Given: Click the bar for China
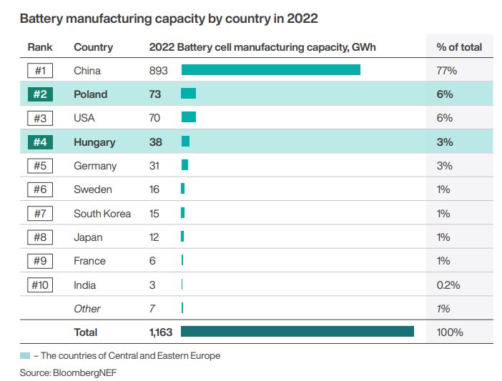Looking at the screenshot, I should [x=270, y=70].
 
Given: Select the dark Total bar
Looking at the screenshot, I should [x=297, y=332].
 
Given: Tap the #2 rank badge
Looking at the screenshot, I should [x=39, y=94].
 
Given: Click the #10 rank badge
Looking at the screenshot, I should [x=39, y=284].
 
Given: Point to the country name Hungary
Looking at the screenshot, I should [x=94, y=142].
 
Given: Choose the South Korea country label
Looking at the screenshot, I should [x=102, y=214].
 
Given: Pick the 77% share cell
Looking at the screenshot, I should [x=446, y=71].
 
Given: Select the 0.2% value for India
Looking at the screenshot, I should [x=448, y=285].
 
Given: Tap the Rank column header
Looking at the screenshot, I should [x=40, y=47].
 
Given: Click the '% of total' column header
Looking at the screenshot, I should [x=459, y=47].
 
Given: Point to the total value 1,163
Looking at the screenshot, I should [x=161, y=332].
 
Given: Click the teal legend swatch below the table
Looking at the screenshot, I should [x=25, y=355].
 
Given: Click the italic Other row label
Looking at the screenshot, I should [x=87, y=309].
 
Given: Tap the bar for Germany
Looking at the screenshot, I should [x=184, y=165].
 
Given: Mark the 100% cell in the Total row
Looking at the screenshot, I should [x=450, y=332].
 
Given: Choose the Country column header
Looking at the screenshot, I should [x=93, y=47].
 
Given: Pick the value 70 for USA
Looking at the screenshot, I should [x=154, y=118].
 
